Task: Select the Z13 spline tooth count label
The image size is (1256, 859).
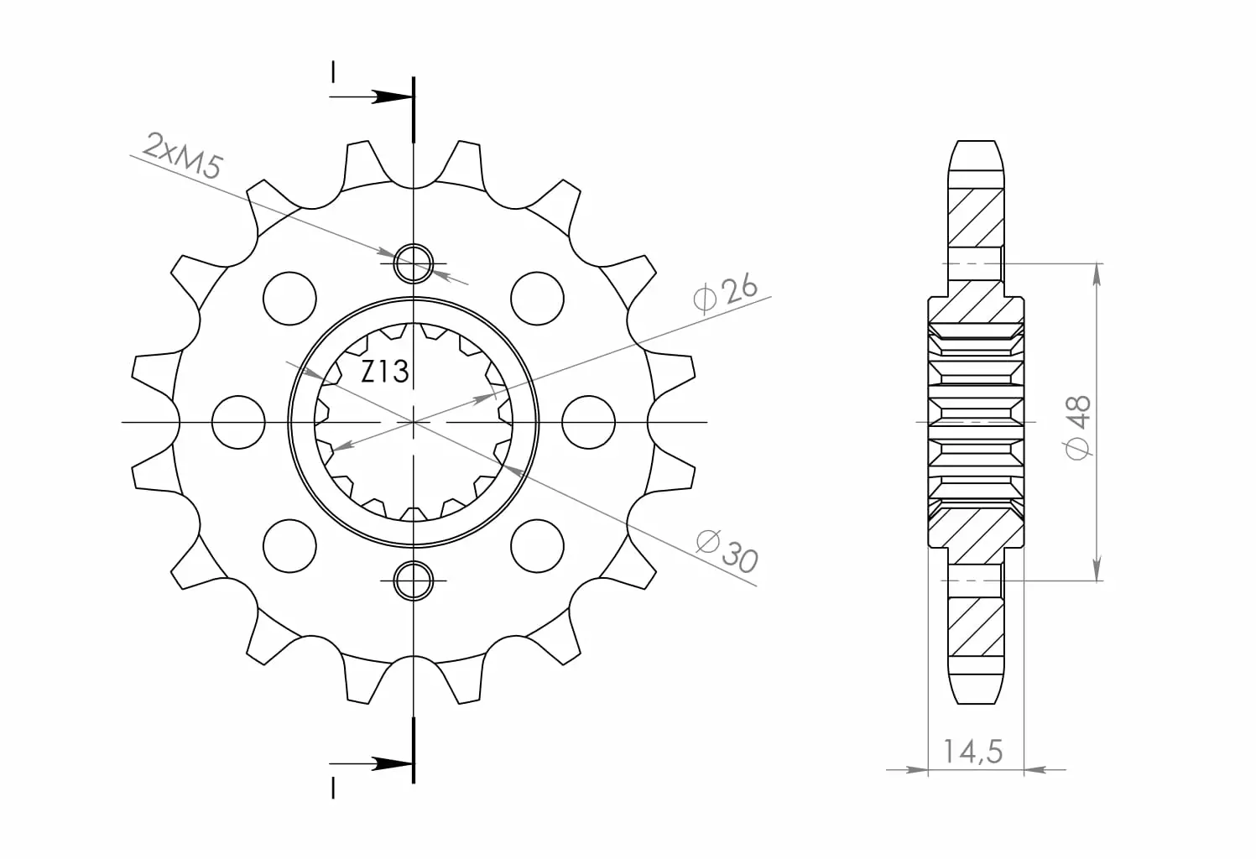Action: [x=384, y=372]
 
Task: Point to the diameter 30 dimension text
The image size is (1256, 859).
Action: [x=727, y=551]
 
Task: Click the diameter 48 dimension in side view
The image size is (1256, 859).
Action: [x=1077, y=427]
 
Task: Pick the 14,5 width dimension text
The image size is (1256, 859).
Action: [x=973, y=752]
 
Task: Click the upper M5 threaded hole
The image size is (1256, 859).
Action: [x=414, y=263]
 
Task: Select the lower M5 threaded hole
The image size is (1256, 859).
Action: [x=414, y=580]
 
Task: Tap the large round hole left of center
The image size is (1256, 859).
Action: [x=238, y=422]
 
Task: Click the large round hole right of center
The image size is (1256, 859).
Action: [x=588, y=422]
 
